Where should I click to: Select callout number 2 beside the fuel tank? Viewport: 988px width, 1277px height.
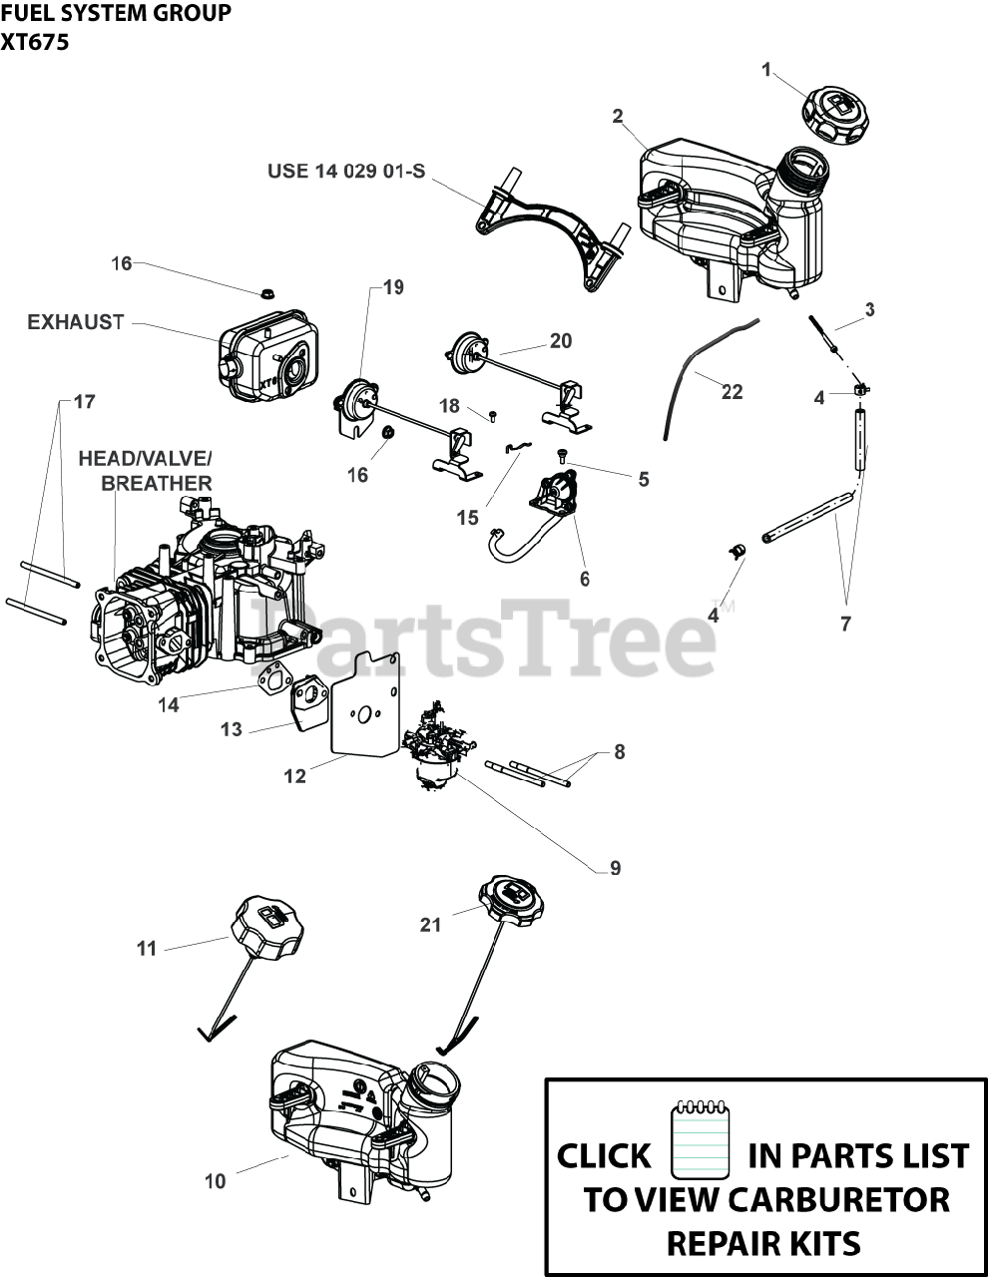pyautogui.click(x=618, y=117)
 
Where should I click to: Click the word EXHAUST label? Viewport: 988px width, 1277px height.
pyautogui.click(x=76, y=322)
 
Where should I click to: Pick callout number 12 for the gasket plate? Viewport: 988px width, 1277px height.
pyautogui.click(x=294, y=775)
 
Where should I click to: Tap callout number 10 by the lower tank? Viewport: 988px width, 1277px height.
pyautogui.click(x=215, y=1181)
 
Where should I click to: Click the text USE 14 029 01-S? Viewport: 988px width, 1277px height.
pyautogui.click(x=345, y=171)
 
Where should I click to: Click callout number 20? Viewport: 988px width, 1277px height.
pyautogui.click(x=561, y=341)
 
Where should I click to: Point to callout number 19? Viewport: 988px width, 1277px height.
pyautogui.click(x=393, y=287)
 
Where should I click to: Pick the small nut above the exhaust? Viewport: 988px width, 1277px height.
pyautogui.click(x=267, y=292)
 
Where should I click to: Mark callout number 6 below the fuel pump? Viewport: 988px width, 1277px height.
pyautogui.click(x=584, y=578)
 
